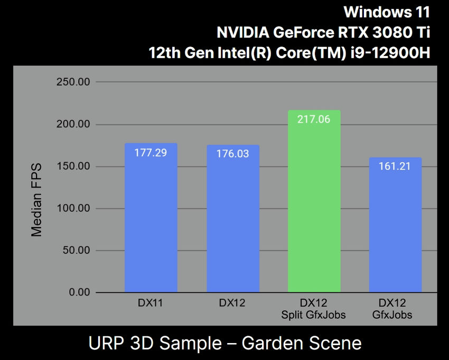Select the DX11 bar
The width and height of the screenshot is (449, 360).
coord(151,222)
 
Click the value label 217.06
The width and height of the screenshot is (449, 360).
coord(314,119)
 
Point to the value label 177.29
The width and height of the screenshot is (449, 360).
coord(151,153)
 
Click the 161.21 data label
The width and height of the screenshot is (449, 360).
coord(395,167)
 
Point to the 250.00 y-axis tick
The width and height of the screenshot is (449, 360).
coord(73,82)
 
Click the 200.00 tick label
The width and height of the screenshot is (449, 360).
coord(73,125)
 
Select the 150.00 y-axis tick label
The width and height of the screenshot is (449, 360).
coord(73,167)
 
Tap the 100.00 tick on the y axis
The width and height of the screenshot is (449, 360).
coord(73,208)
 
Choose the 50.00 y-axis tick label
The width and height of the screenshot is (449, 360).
coord(76,250)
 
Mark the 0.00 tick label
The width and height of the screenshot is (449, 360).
coord(79,292)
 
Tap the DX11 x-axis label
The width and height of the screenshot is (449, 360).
coord(151,303)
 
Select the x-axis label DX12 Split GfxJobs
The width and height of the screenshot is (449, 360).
coord(314,309)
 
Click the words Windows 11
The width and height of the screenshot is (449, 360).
coord(387,12)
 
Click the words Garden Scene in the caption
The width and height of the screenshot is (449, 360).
coord(302,344)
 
